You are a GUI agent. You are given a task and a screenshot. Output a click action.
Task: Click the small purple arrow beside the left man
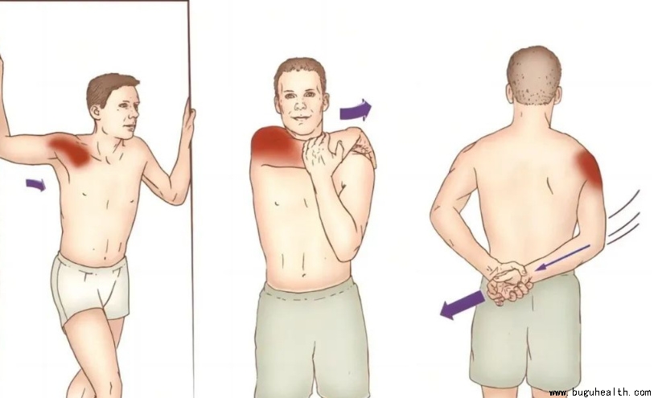point(36,184)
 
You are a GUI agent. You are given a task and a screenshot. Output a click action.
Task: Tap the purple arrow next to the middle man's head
point(356,110)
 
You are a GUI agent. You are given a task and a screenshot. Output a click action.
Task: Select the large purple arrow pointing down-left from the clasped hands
point(462,304)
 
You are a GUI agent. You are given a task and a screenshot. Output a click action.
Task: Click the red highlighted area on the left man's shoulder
point(72,150)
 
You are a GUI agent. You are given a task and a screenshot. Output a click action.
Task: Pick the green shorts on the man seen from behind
point(527,335)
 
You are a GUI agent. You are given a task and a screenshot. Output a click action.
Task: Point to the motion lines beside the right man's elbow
point(624,217)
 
